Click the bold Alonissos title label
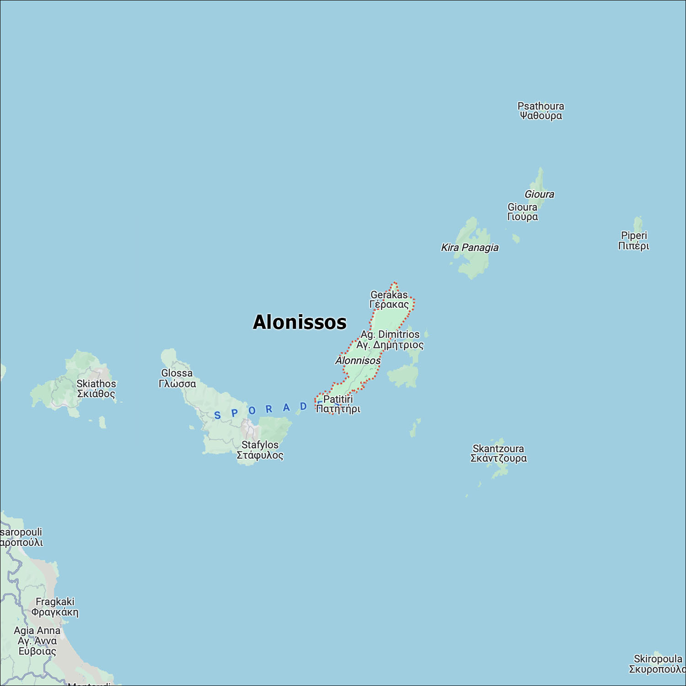[300, 322]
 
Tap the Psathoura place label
[541, 111]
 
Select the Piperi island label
[633, 241]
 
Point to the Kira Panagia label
[470, 247]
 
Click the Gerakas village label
[389, 300]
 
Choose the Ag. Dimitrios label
[390, 339]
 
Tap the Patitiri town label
[338, 404]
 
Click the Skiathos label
[96, 388]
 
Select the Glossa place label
[177, 378]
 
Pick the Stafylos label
[260, 450]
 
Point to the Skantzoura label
[498, 453]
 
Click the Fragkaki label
[55, 607]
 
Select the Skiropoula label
[657, 664]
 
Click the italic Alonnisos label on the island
[358, 360]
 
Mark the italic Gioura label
[539, 194]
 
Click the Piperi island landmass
[638, 224]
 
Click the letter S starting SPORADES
[218, 415]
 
